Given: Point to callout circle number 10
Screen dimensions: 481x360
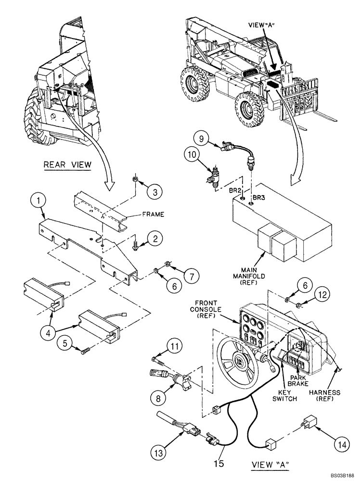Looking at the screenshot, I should [190, 155].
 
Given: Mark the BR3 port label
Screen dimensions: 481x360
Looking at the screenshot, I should [259, 198].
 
